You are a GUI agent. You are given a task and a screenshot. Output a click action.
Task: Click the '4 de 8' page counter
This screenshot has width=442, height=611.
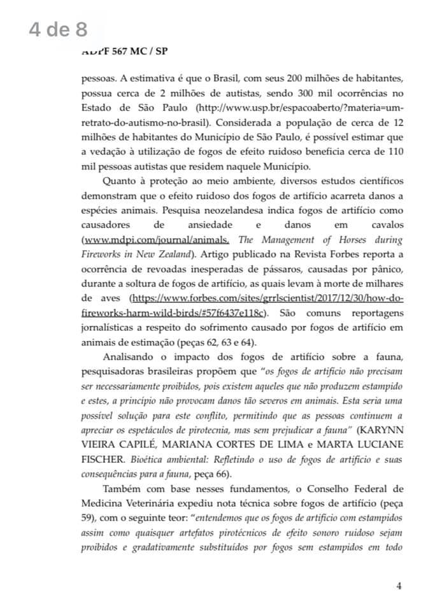(58, 31)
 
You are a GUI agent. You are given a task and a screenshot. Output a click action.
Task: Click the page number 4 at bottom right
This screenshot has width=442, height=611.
(399, 587)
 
